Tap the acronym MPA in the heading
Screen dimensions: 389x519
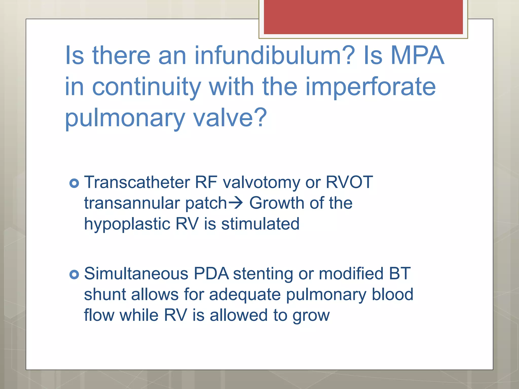coord(417,55)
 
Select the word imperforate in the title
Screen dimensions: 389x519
coord(370,87)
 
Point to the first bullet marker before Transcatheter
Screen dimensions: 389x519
coord(74,183)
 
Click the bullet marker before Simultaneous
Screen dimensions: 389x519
coord(74,274)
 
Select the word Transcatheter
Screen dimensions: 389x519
coord(137,182)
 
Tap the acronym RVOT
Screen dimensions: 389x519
coord(349,182)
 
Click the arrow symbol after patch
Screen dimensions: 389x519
coord(236,203)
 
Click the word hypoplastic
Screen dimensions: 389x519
coord(127,224)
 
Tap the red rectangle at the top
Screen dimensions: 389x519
coord(363,17)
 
